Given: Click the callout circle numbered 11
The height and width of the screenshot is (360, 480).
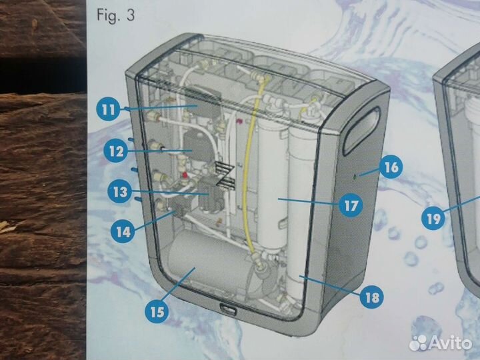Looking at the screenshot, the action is pos(108,109).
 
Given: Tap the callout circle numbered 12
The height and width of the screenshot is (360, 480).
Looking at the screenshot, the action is pos(116,151).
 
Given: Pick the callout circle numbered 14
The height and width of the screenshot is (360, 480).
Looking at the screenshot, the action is pos(123,232).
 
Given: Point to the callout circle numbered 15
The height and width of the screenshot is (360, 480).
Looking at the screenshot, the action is pos(157,312).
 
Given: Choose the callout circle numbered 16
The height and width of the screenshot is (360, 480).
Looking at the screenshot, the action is pos(391,167).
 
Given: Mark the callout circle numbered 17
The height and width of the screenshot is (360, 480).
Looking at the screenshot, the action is pos(351,206).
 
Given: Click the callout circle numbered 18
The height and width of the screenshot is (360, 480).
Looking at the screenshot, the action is pos(372,297).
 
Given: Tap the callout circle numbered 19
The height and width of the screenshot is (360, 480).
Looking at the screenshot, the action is pos(433,219).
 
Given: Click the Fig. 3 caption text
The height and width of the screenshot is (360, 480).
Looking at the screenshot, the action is pos(116,15).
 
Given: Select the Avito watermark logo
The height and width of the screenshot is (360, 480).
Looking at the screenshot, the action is pos(441,343).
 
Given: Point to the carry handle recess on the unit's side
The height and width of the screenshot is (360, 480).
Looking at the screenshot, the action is pos(361,131).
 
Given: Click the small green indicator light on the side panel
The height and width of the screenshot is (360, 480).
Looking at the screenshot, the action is pos(355,176).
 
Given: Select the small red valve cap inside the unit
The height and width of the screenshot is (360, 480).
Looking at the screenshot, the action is pos(185,175).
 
